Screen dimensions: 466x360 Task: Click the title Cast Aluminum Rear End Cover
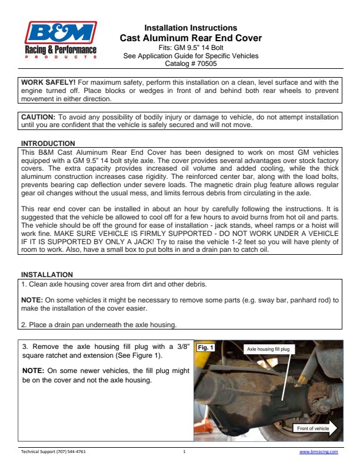pos(191,38)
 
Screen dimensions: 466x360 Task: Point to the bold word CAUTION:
pos(38,117)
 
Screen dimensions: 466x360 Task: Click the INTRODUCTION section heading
pos(48,143)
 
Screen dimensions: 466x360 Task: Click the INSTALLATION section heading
pos(47,275)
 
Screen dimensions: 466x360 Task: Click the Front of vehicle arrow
pos(316,428)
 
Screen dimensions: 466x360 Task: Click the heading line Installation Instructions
pos(191,28)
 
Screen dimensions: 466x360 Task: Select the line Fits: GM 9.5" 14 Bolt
pos(191,48)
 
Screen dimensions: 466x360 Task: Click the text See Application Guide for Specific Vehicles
pos(191,56)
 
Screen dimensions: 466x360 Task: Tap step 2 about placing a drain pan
pos(99,324)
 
